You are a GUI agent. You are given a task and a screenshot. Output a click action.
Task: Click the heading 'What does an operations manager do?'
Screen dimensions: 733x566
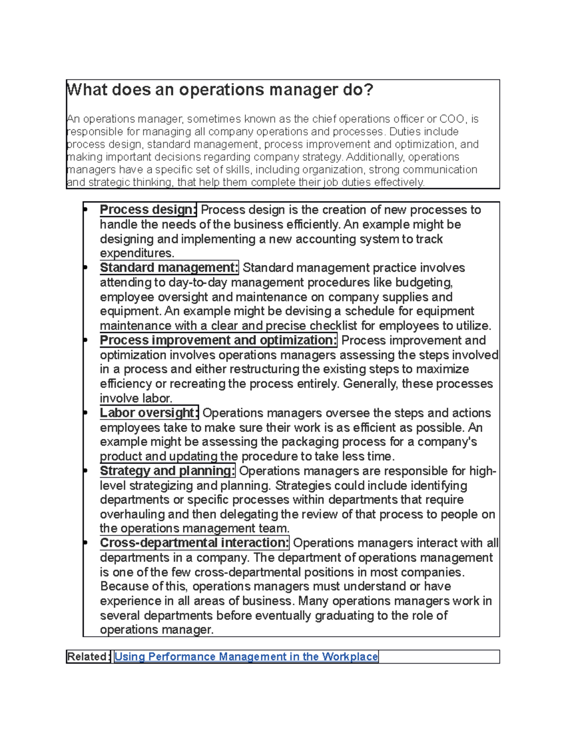pos(220,90)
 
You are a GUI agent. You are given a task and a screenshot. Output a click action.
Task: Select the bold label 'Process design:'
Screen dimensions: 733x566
pos(148,210)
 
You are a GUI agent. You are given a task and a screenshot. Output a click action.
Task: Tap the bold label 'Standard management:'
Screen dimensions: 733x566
pos(169,268)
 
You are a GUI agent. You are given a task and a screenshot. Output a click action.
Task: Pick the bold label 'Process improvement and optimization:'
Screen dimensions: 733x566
pos(218,340)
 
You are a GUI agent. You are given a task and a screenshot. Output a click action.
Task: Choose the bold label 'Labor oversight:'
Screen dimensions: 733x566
pos(149,413)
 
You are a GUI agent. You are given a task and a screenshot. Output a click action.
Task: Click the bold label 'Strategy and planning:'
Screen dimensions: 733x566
pos(167,471)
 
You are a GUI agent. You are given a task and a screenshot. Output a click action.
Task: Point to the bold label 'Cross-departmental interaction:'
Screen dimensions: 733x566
pos(194,543)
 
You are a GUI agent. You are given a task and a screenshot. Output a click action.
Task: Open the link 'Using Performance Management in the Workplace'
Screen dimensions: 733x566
pos(246,657)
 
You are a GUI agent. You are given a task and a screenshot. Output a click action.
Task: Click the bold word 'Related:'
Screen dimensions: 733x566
pos(88,657)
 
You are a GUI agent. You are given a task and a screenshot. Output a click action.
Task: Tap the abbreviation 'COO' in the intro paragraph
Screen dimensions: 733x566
pos(452,119)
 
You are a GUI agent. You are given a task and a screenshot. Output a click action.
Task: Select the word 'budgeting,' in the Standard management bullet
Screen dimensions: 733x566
pos(424,282)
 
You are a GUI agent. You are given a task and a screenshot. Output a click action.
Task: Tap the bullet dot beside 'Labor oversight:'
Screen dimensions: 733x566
pos(85,413)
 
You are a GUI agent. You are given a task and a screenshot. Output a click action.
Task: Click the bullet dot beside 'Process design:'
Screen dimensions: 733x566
pos(85,210)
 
